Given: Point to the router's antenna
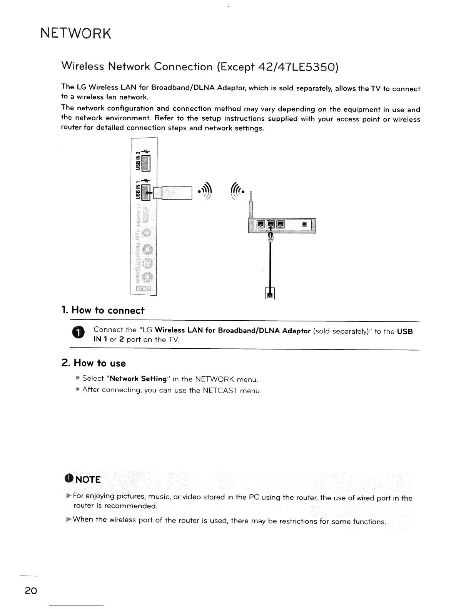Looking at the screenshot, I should point(251,206).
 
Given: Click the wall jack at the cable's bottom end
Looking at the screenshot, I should point(270,295).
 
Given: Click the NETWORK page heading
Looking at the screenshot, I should point(76,34).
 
